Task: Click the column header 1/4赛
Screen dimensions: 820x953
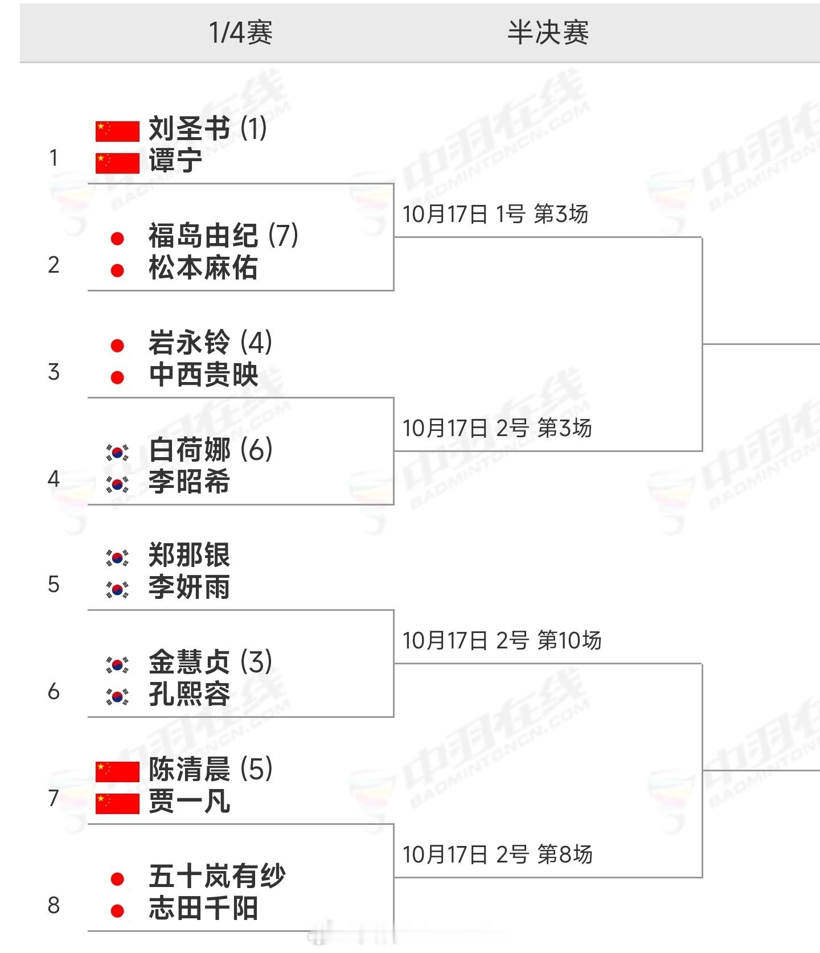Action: [x=241, y=32]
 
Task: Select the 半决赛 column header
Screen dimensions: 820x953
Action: [x=548, y=32]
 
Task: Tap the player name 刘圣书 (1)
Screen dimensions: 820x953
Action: [x=207, y=129]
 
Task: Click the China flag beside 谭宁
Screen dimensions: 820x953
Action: [x=117, y=163]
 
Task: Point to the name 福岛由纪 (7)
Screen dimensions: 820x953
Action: [x=223, y=235]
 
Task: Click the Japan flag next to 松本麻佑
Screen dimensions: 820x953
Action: [x=117, y=270]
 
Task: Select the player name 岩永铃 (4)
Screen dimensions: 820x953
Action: [x=210, y=343]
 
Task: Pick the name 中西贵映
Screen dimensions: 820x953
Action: [x=203, y=375]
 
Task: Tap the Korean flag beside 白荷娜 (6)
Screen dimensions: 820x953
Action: [x=117, y=453]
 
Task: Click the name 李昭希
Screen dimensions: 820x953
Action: [x=189, y=482]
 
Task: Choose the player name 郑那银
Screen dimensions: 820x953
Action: [x=189, y=555]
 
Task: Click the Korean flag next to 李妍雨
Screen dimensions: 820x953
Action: [x=117, y=589]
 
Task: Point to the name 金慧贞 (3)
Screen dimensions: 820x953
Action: [x=210, y=662]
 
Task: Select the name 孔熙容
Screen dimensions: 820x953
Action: [x=189, y=694]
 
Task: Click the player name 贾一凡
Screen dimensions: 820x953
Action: [x=189, y=802]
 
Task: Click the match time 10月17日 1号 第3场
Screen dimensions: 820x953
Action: [x=495, y=214]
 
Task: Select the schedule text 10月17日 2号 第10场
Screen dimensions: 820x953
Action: [x=502, y=640]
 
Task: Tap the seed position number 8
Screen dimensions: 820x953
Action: [x=54, y=905]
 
